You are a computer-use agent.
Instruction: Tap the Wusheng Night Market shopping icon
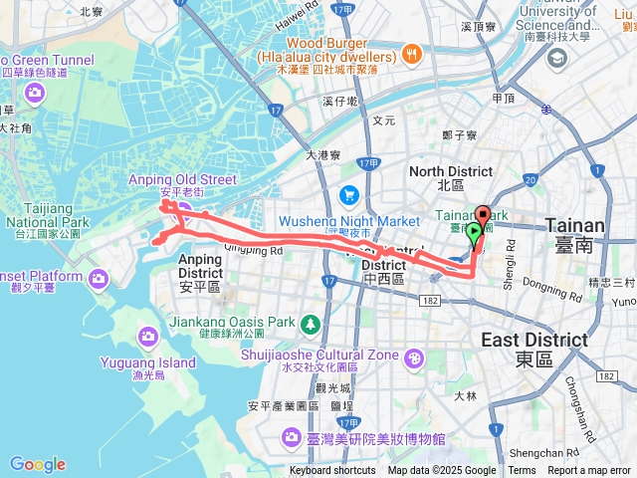pos(348,194)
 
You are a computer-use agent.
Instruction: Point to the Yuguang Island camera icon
pos(146,337)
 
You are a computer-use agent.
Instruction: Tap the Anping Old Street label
pos(183,179)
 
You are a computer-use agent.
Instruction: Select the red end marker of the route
pos(483,214)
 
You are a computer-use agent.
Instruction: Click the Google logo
pos(38,464)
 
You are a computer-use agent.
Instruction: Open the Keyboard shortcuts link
pos(332,471)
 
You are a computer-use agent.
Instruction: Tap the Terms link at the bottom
pos(522,471)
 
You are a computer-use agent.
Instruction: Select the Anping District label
pos(201,267)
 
